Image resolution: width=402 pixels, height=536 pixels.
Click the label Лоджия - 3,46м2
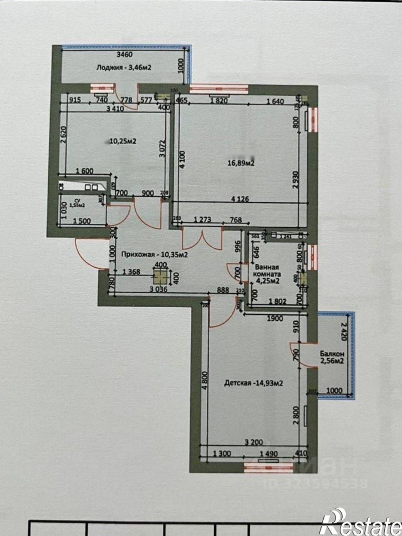coord(124,67)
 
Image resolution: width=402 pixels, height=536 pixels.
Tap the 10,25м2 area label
coord(123,141)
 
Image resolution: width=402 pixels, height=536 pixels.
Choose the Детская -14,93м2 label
coord(254,382)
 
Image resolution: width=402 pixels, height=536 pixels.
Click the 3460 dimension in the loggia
coord(125,55)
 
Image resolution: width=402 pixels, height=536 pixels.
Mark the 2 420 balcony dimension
coord(344,331)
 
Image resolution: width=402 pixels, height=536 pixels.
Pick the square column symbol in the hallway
coord(160,278)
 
